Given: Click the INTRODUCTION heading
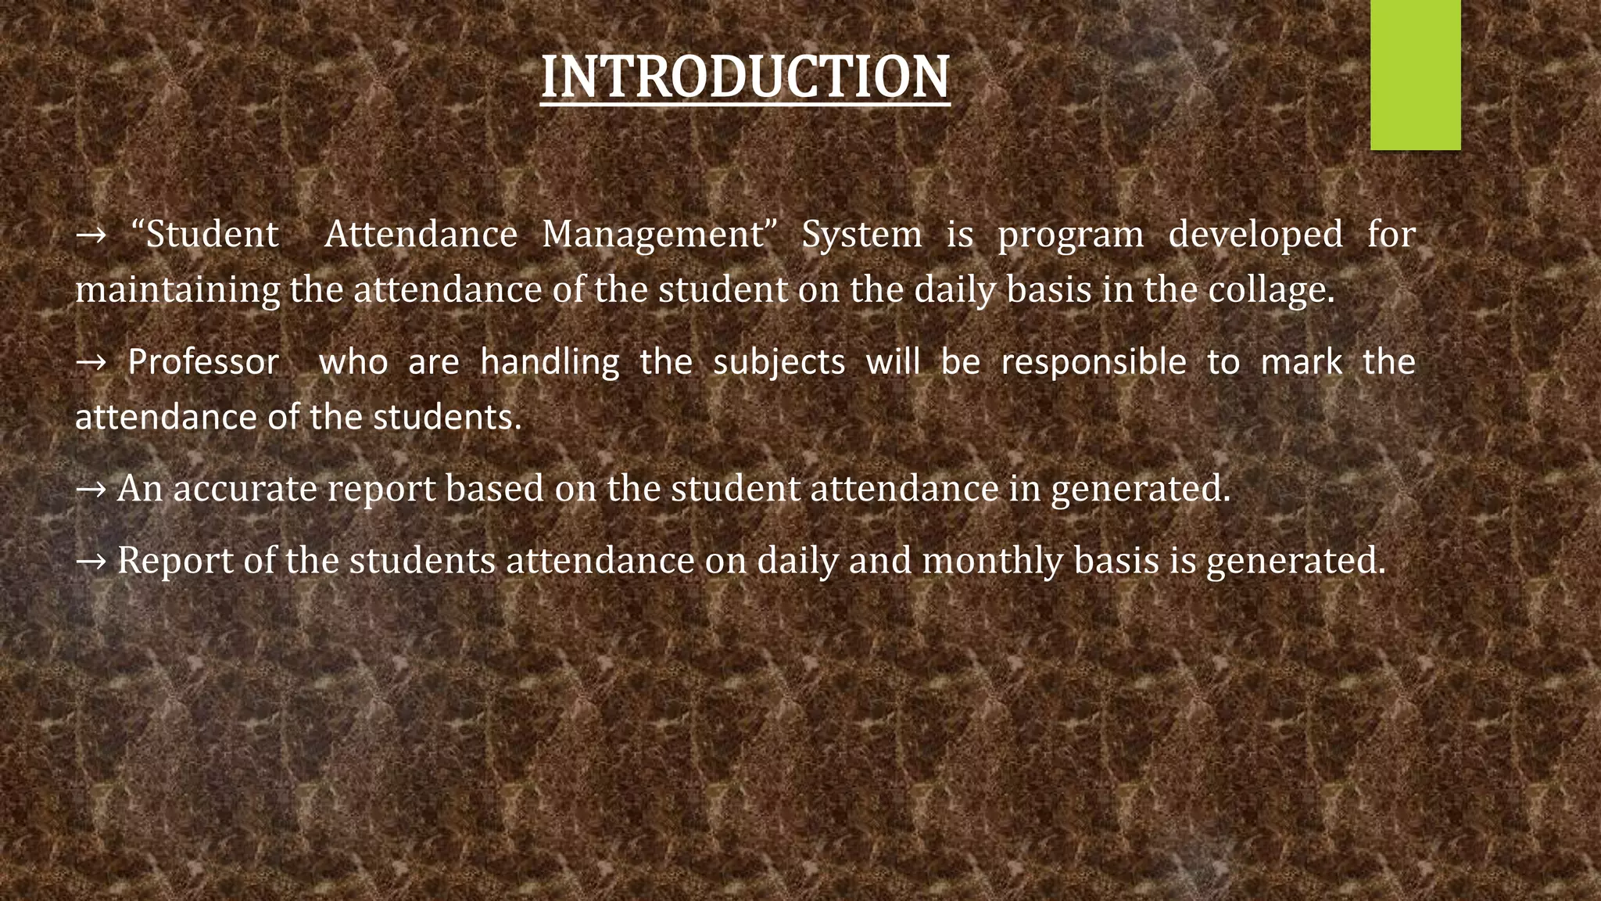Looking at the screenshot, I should tap(745, 77).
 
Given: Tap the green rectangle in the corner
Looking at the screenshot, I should tap(1415, 74).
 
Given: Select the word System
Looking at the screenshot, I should tap(861, 235).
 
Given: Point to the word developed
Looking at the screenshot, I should tap(1255, 235).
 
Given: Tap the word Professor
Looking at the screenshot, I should tap(203, 362).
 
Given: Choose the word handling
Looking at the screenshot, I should tap(550, 362).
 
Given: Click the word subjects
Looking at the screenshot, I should tap(779, 362).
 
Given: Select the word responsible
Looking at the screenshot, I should tap(1094, 362).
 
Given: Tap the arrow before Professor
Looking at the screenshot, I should tap(91, 363).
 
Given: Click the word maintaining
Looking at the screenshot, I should tap(177, 290).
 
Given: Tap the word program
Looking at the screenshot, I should tap(1070, 235).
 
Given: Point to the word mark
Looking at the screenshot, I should tap(1302, 362).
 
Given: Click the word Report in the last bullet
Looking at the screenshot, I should tap(175, 561).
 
